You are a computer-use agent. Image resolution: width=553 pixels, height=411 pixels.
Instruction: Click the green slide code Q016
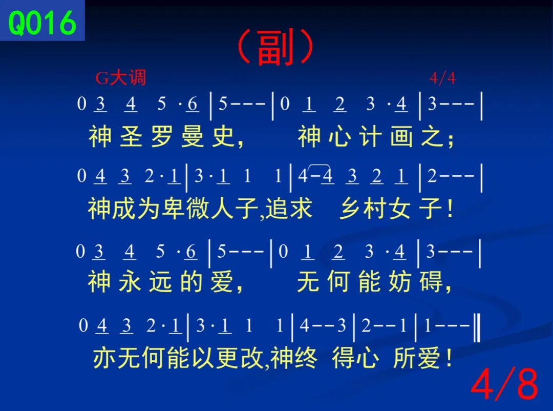[42, 23]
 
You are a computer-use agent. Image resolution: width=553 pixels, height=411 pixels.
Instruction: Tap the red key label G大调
[121, 78]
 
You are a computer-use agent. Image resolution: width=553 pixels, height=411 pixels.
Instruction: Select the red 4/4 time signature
[442, 78]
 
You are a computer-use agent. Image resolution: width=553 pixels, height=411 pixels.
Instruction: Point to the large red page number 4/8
[504, 383]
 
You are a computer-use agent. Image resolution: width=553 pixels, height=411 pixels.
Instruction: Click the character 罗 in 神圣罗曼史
[162, 136]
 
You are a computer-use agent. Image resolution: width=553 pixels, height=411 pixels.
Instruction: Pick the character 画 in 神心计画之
[402, 136]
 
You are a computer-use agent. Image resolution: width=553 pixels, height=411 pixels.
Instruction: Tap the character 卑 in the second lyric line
[174, 209]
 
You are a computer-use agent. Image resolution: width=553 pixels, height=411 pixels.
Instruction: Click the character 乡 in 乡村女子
[350, 209]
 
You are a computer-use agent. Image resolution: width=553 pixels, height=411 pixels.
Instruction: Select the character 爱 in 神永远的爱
[222, 281]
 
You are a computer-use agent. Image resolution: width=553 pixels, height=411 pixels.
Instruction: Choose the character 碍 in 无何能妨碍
[431, 281]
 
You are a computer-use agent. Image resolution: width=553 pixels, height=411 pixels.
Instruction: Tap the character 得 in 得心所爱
[343, 358]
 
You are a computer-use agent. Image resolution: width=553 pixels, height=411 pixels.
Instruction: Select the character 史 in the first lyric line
[223, 136]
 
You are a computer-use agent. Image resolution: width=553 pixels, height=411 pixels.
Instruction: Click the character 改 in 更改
[253, 358]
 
